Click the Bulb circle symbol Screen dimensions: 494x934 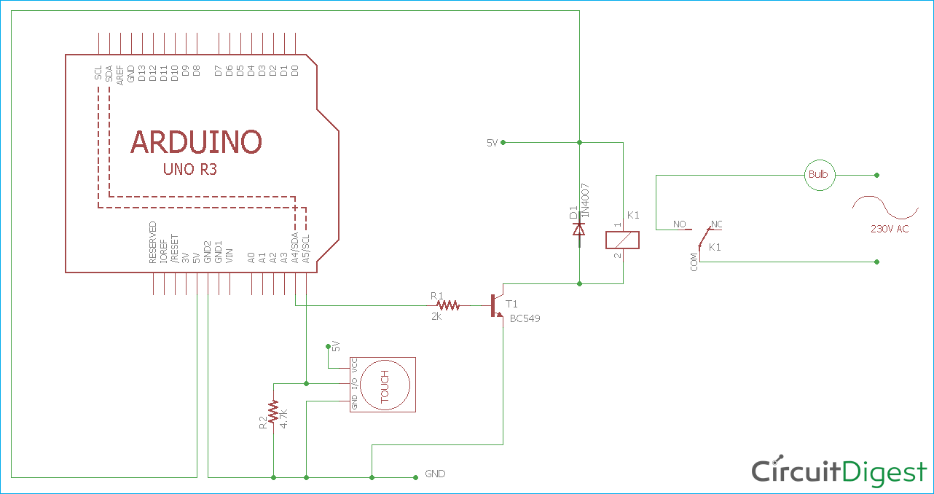tap(819, 175)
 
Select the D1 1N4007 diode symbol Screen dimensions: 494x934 tap(579, 229)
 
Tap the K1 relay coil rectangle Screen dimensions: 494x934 tap(623, 240)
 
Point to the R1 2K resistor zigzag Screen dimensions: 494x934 tap(449, 305)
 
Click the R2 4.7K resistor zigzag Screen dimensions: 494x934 tap(273, 412)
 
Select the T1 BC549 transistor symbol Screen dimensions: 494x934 tap(497, 305)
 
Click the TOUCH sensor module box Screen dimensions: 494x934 tap(382, 385)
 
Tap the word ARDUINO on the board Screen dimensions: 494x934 tap(196, 142)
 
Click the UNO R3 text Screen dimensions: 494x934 tap(189, 170)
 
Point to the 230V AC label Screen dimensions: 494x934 tap(890, 229)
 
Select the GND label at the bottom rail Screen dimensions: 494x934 tap(435, 474)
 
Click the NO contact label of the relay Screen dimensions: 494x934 tap(680, 224)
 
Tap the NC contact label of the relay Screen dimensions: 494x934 tap(717, 224)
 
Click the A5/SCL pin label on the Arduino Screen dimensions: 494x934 tap(306, 248)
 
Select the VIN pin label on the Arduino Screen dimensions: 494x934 tap(229, 255)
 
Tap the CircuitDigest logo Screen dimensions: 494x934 tap(839, 471)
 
